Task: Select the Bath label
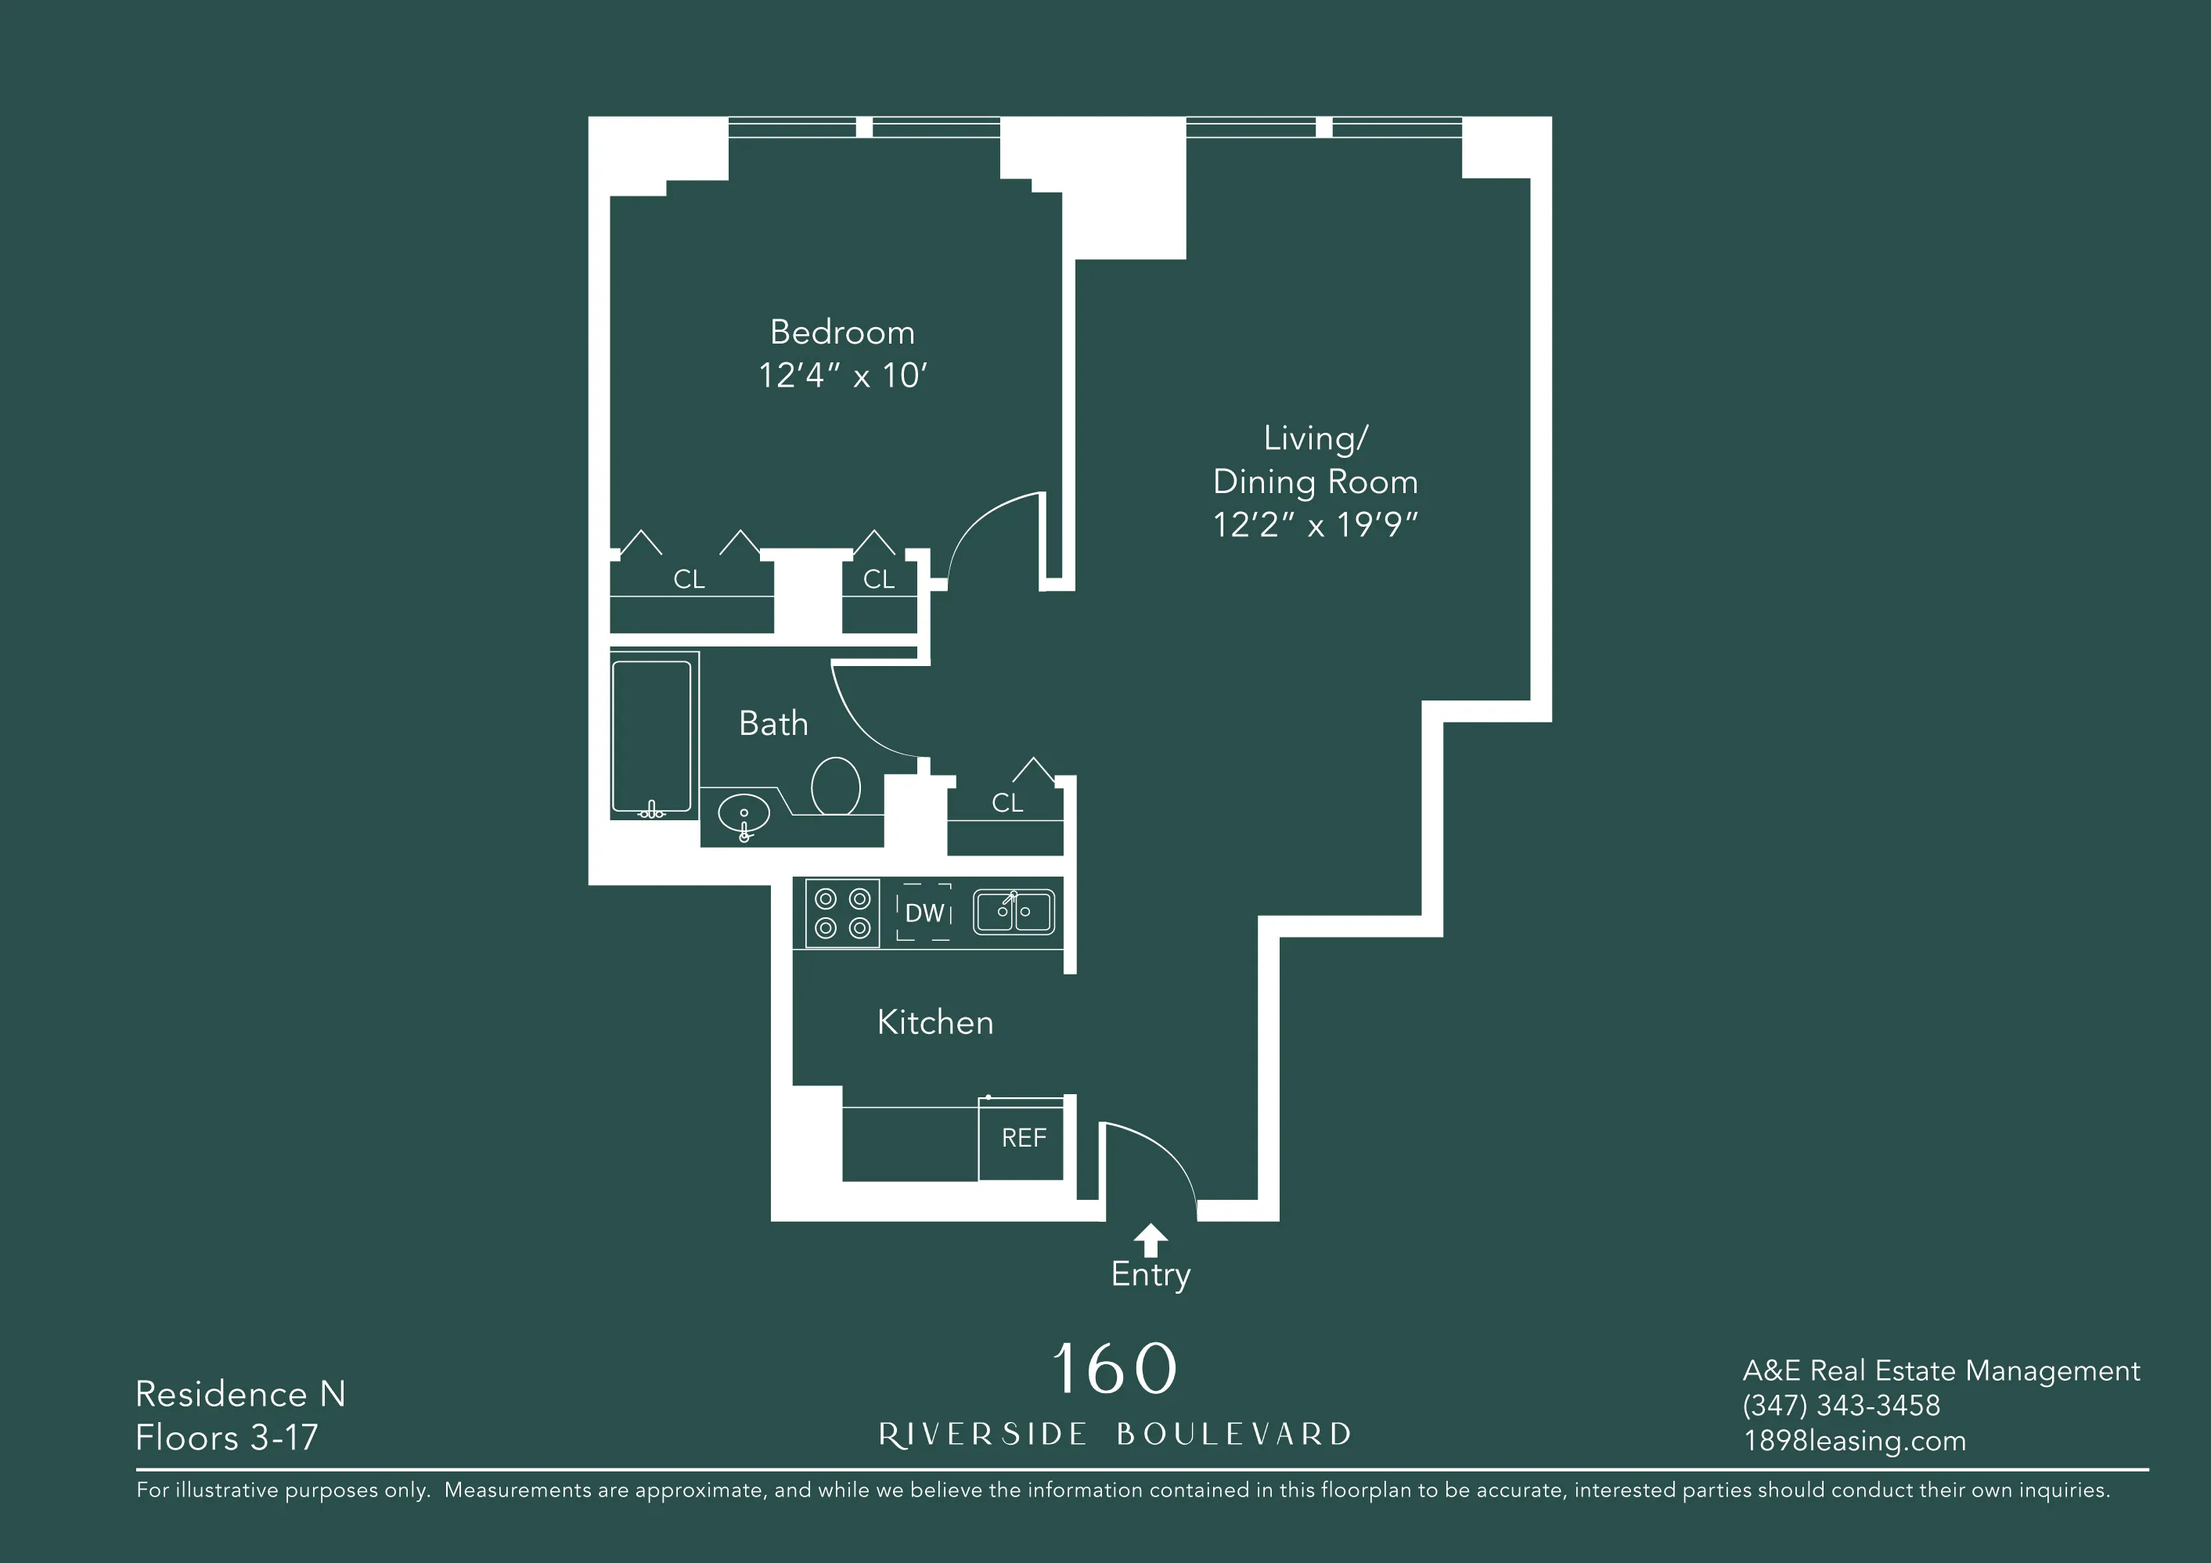click(773, 723)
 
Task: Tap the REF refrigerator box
click(1023, 1138)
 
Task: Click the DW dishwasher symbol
click(924, 913)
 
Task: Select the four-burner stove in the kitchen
click(843, 913)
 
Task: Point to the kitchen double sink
click(1013, 911)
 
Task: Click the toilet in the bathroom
click(835, 785)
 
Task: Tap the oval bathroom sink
click(744, 815)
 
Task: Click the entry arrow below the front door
click(1150, 1240)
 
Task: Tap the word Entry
click(1150, 1274)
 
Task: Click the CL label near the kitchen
click(1007, 802)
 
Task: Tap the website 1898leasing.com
click(1854, 1441)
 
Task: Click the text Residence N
click(239, 1393)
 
